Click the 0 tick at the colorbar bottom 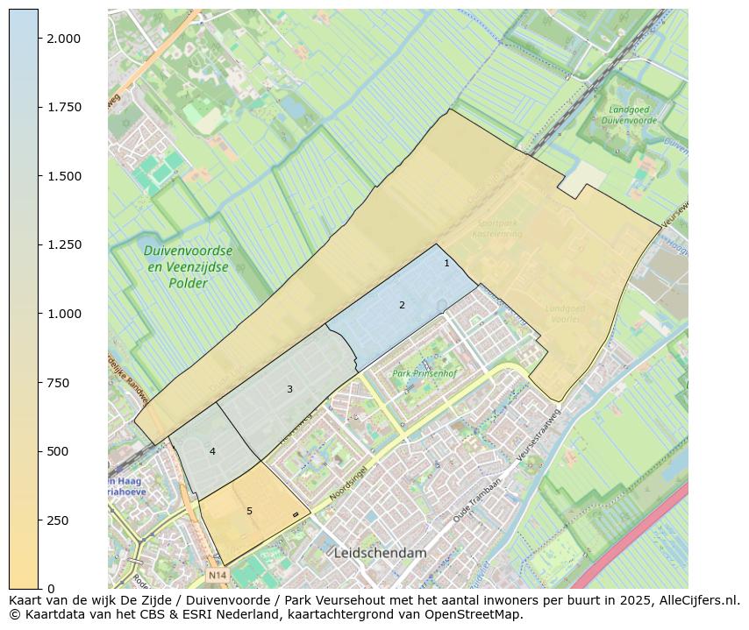coord(51,588)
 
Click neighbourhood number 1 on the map coord(446,263)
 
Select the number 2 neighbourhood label coord(402,305)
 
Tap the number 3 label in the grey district coord(289,389)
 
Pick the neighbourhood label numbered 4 coord(212,451)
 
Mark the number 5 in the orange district coord(249,511)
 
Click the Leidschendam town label coord(380,553)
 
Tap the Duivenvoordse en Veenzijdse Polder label coord(189,266)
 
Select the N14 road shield coord(218,576)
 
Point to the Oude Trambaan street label coord(476,502)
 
